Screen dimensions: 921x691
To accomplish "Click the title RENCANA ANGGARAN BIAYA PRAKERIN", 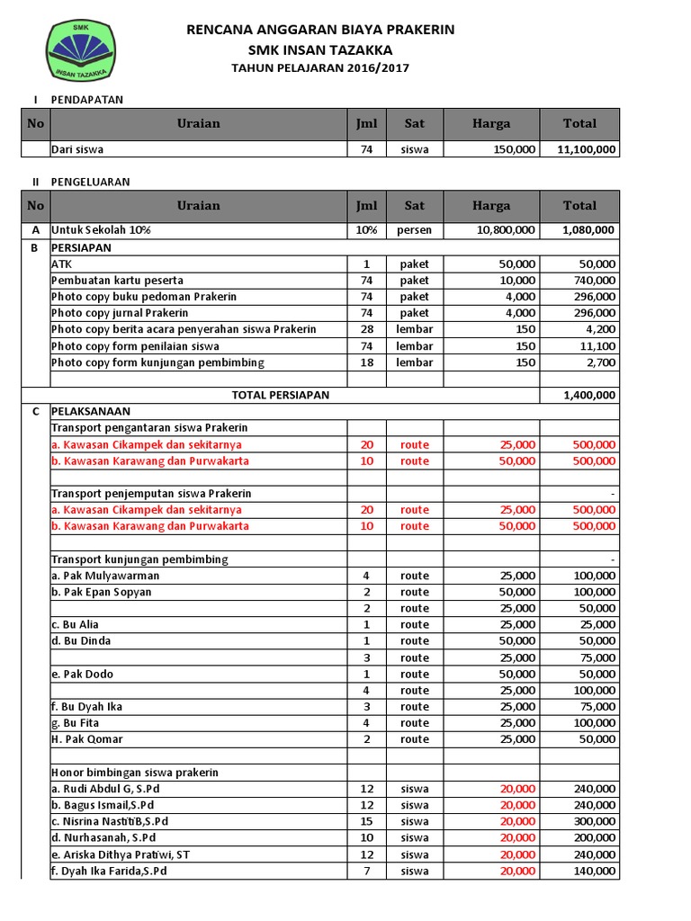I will (x=320, y=30).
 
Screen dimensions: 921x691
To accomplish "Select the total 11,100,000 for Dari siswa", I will (x=580, y=149).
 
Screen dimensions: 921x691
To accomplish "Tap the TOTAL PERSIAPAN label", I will (x=281, y=395).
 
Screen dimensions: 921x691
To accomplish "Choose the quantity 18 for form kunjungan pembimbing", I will (x=366, y=362).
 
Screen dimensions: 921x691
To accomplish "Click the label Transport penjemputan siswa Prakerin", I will (x=151, y=494).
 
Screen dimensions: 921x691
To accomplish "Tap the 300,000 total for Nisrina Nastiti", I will (x=595, y=822).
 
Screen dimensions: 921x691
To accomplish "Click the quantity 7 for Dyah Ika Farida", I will (x=366, y=872).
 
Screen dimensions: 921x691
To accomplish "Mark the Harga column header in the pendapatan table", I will (x=490, y=124).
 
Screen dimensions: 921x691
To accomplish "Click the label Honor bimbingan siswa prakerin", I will (x=135, y=773).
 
